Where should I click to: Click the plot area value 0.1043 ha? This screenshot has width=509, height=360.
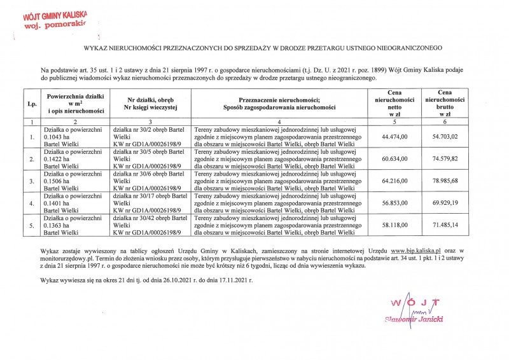point(58,136)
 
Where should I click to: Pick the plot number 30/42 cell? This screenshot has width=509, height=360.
point(150,225)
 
